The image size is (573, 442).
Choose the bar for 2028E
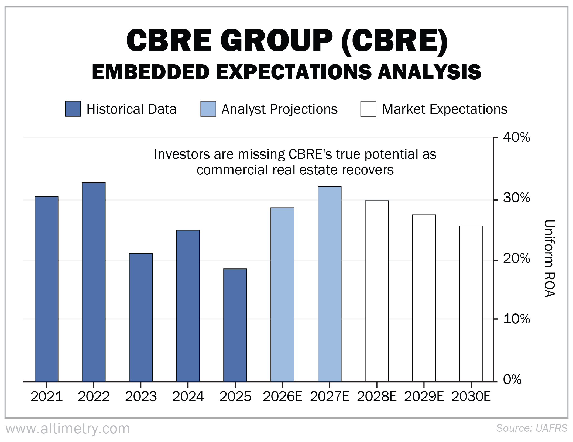pos(377,291)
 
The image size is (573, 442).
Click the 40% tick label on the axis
pos(516,138)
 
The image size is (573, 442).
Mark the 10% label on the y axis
pos(516,319)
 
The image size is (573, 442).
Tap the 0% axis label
pos(512,380)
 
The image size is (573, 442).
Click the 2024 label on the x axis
pos(188,396)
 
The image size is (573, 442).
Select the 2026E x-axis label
pos(282,396)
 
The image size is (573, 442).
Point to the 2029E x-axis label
pos(424,396)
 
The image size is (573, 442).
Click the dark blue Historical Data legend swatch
pos(73,109)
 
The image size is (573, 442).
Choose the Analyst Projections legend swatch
pos(208,109)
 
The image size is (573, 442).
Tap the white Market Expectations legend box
pos(368,109)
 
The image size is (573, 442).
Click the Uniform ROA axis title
pos(549,258)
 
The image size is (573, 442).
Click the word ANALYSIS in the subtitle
pos(429,72)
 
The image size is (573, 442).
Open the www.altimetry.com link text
pos(68,429)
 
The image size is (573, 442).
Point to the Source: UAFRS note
pos(532,428)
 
